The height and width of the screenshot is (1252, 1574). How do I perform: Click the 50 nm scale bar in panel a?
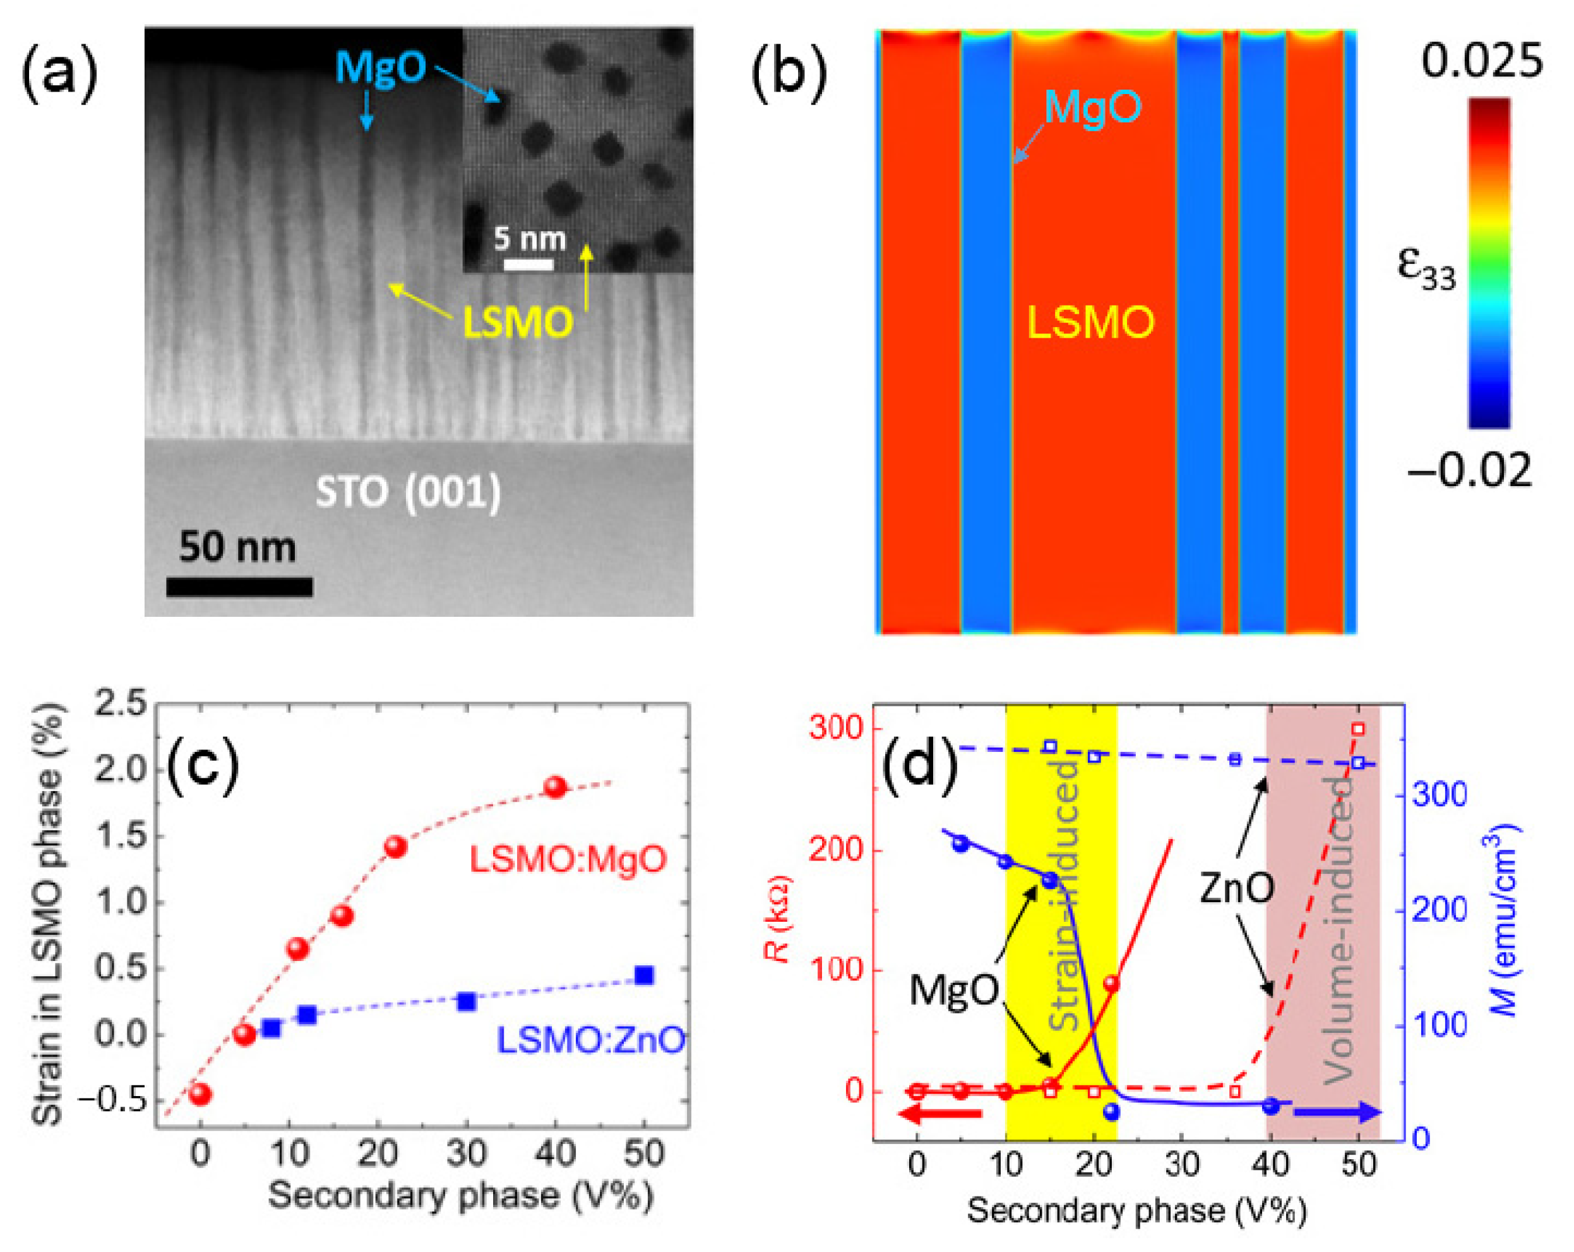click(239, 586)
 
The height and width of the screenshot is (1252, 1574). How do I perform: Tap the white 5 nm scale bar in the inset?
click(529, 265)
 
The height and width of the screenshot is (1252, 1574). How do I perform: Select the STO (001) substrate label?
click(408, 492)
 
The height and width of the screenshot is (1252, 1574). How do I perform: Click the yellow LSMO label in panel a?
click(518, 323)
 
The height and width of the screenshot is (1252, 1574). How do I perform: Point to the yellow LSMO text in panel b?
click(1091, 322)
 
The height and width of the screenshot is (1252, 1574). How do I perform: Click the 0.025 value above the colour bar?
click(1481, 61)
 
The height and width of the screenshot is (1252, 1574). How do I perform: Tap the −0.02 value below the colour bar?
click(1469, 470)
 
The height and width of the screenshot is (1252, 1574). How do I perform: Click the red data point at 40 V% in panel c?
click(555, 787)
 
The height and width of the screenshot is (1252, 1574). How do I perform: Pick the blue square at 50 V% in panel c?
click(643, 975)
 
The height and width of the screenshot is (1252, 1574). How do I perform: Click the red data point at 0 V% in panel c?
click(200, 1094)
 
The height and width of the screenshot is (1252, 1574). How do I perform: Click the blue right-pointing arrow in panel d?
click(1336, 1112)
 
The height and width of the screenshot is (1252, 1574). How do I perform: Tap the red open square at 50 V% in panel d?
click(1358, 729)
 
